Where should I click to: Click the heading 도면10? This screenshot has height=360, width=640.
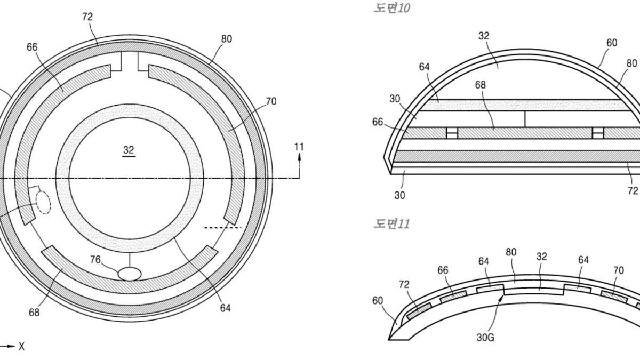point(392,9)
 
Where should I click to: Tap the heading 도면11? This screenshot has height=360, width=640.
point(391,223)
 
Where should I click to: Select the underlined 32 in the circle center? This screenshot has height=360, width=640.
point(129,150)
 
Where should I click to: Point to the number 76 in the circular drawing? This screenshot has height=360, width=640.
point(95,259)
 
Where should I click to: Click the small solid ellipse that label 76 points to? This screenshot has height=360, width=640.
point(130,274)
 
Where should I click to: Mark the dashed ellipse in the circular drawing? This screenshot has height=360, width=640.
point(43,202)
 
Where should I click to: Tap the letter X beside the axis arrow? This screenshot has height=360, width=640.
point(21,347)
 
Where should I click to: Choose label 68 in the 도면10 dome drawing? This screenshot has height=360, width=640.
point(480,85)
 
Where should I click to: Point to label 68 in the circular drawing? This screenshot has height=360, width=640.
point(34,313)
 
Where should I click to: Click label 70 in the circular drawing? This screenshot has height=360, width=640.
point(271,101)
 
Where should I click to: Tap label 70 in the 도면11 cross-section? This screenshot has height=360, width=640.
point(618,270)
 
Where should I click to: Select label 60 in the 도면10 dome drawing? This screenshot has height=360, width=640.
point(612,43)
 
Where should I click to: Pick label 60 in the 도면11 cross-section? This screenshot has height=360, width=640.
point(378,300)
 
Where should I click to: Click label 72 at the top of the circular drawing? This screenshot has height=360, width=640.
point(87,17)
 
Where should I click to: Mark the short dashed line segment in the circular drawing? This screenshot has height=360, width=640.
point(223,228)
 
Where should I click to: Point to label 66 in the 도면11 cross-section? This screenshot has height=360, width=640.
point(443,270)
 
